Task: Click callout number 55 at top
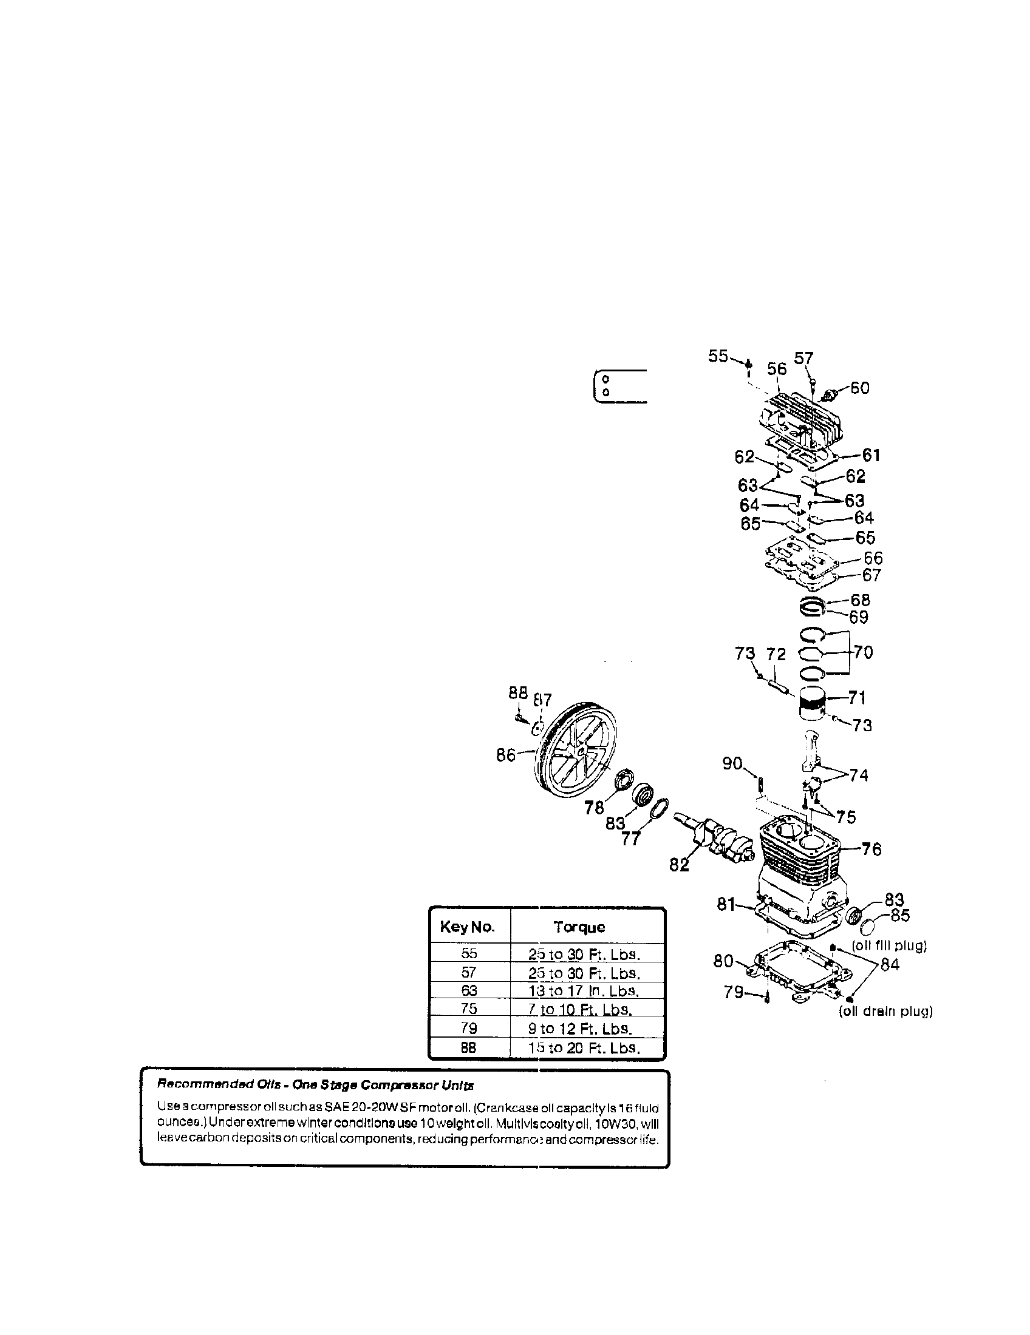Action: pos(718,356)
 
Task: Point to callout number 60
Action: pos(859,388)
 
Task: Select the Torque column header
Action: pos(579,927)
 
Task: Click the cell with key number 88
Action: pos(468,1048)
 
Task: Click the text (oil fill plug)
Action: pos(888,945)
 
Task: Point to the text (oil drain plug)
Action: pos(885,1012)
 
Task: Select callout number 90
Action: pos(732,763)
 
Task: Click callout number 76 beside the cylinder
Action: pos(871,849)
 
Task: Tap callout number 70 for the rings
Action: pos(863,652)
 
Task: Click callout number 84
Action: pos(889,965)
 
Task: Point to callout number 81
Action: pos(726,904)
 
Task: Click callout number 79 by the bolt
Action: pos(734,992)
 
